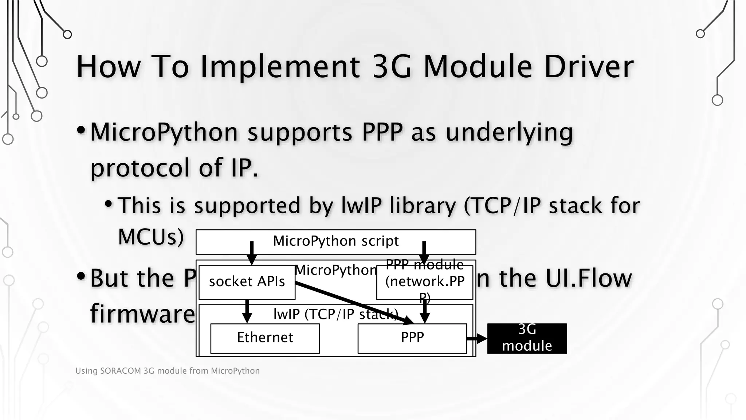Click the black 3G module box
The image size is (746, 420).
click(x=527, y=338)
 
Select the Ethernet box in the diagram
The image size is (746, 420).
click(x=265, y=338)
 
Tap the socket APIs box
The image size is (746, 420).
click(x=247, y=282)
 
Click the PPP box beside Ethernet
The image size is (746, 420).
click(x=412, y=338)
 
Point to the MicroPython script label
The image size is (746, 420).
click(x=336, y=241)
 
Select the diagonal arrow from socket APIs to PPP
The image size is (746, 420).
click(x=353, y=303)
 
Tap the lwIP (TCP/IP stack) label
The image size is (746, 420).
click(x=335, y=314)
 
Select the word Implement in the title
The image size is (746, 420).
click(x=280, y=67)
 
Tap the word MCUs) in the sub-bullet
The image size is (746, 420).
click(x=151, y=237)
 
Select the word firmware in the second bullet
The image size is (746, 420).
click(x=142, y=314)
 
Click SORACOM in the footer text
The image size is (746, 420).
click(x=120, y=371)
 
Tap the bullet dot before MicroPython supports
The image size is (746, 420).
click(x=81, y=130)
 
